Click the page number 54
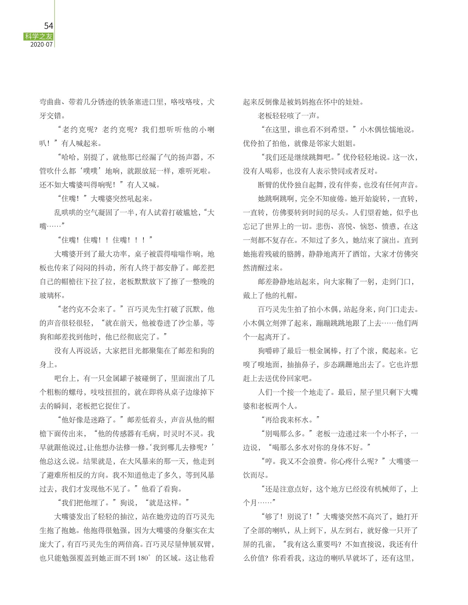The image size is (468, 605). point(48,26)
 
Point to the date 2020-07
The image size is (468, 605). point(42,45)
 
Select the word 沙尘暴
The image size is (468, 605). point(192,323)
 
